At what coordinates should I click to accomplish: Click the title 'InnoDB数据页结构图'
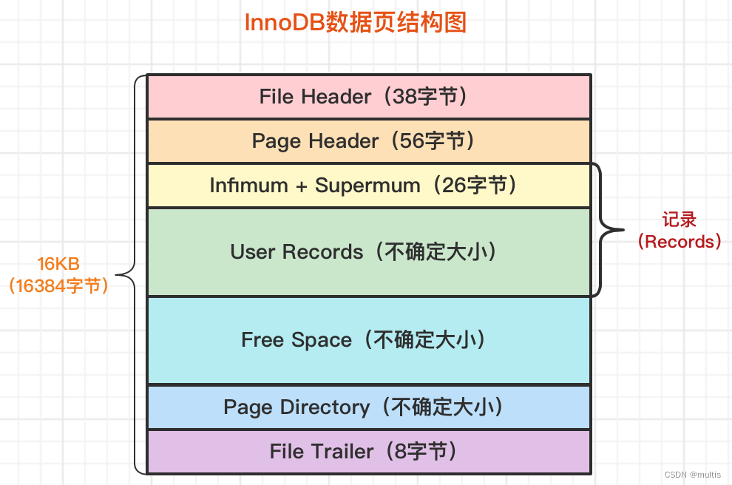coord(356,23)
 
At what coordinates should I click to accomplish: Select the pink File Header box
coord(368,97)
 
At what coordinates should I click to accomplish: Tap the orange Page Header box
coord(368,141)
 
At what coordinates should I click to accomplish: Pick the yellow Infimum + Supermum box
coord(368,186)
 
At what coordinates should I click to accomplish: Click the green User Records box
coord(368,252)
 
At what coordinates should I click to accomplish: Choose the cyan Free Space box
coord(368,340)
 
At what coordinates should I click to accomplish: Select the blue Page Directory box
coord(368,407)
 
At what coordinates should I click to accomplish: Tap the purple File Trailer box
coord(368,452)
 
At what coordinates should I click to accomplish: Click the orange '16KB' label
coord(58,264)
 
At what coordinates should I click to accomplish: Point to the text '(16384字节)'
coord(59,286)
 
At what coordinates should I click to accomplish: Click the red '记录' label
coord(680,220)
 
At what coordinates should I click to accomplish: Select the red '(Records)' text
coord(680,242)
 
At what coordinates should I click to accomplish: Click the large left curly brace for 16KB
coord(131,274)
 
